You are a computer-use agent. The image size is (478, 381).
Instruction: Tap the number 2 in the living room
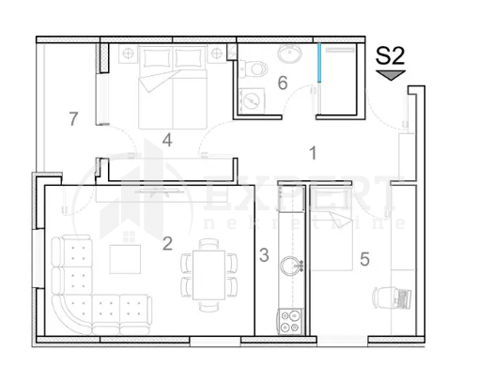coord(167,243)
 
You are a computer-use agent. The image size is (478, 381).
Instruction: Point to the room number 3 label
coord(264,254)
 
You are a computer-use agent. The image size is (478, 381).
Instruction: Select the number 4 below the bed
coord(167,141)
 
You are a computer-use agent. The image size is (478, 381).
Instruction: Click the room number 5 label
coord(364,259)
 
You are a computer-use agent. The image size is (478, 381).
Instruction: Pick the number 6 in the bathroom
coord(282,83)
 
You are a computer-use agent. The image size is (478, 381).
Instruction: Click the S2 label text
coord(390,55)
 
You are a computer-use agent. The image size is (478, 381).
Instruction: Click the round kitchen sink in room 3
coord(297,265)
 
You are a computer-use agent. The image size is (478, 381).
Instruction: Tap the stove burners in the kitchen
coord(289,321)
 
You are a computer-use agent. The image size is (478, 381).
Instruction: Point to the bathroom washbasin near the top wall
coord(290,55)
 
